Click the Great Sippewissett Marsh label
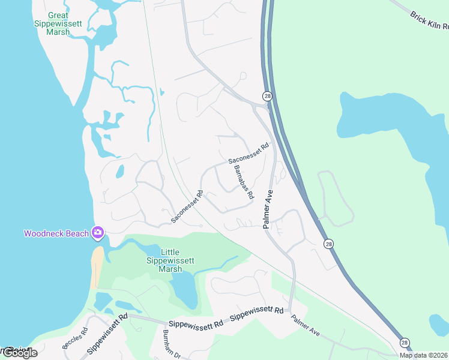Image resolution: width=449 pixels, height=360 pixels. pos(59,23)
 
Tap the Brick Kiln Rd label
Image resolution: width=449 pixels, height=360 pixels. pos(430,21)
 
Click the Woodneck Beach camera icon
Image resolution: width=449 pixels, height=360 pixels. pos(98,233)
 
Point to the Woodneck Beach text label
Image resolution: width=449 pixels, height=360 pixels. pos(56,233)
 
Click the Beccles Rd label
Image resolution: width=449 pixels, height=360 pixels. pos(75,338)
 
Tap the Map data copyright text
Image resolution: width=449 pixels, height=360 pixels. pos(423,355)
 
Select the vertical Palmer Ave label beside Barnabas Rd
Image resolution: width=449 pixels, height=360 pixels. pos(268,209)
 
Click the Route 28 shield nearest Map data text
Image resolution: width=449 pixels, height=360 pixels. pos(405,341)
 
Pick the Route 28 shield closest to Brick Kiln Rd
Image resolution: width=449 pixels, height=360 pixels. pos(267,96)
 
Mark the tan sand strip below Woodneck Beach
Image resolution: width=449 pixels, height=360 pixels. pos(97,268)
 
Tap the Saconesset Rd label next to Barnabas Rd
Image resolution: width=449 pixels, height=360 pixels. pos(249,154)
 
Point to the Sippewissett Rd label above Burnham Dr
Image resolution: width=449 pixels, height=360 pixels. pos(196,323)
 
